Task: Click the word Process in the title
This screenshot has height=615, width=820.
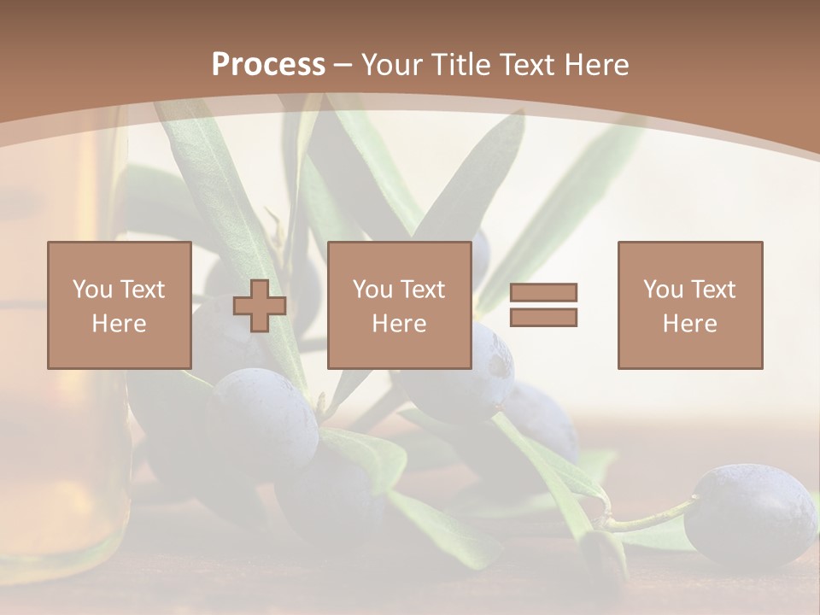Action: pos(268,65)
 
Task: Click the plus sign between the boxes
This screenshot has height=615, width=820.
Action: pos(260,306)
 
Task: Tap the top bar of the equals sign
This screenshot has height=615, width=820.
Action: pos(543,292)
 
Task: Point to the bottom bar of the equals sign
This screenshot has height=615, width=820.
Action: pos(543,318)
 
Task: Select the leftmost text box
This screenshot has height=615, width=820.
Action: pos(119,305)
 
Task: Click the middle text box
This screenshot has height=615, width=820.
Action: pos(399,305)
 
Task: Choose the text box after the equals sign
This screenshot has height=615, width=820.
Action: pos(689,305)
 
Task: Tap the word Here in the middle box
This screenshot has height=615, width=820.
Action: pos(399,324)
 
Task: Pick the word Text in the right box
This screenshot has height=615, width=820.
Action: pos(713,290)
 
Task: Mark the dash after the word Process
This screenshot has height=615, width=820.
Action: pos(343,66)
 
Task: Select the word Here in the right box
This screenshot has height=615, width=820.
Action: pos(689,324)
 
